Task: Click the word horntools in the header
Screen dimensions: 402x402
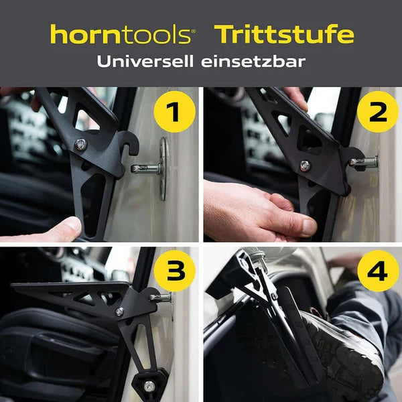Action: (121, 34)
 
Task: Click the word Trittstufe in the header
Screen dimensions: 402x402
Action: (283, 34)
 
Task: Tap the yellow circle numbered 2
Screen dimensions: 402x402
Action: (378, 112)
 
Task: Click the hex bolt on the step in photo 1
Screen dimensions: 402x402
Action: (81, 143)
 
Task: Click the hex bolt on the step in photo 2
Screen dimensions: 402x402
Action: (305, 165)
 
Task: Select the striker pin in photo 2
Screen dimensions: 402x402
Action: (365, 161)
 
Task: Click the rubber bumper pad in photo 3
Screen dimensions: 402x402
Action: (148, 385)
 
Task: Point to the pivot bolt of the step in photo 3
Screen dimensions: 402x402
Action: (119, 312)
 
